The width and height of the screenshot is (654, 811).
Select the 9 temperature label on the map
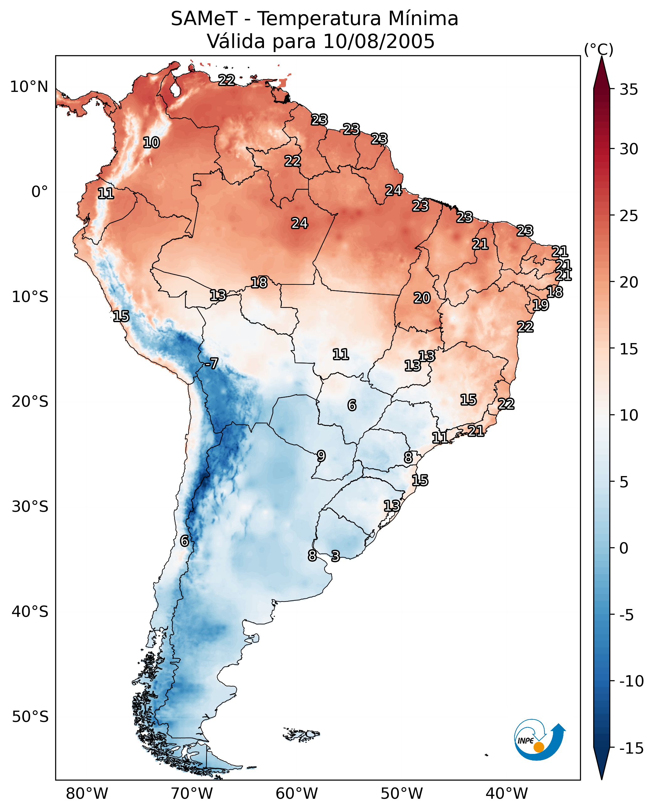[321, 456]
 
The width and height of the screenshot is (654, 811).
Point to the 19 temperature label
[540, 305]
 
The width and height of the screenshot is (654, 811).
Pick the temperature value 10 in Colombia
[151, 142]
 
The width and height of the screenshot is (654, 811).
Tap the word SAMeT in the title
[204, 19]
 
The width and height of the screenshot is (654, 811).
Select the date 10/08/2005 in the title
[379, 41]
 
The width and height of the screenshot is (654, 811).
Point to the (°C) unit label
[599, 49]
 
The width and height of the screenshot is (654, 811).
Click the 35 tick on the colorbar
[629, 89]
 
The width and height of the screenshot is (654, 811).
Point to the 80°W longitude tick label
[87, 793]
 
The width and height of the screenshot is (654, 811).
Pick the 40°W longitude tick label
[507, 793]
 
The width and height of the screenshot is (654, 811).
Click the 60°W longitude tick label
[297, 793]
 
